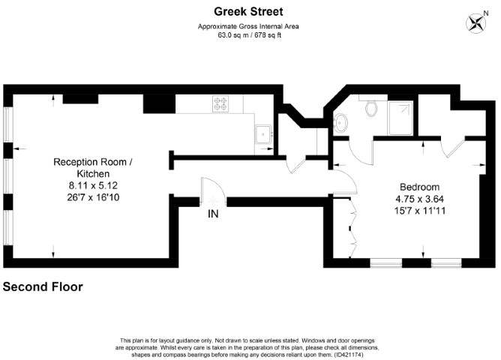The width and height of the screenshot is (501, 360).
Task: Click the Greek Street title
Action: (x=250, y=11)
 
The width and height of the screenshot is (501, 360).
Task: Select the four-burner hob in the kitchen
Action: (x=221, y=103)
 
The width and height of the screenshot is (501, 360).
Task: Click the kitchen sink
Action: (x=263, y=134)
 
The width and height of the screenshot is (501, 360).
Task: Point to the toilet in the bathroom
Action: (x=370, y=108)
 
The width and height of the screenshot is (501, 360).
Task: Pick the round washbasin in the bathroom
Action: (x=340, y=122)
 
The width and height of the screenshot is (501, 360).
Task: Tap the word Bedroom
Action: (x=419, y=187)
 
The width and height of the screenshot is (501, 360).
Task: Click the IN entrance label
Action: (x=214, y=214)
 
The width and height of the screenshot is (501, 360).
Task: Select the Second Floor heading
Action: (x=43, y=286)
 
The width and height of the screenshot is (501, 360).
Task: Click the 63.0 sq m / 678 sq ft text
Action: (x=250, y=34)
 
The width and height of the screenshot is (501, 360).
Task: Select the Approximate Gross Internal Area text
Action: (x=250, y=26)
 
